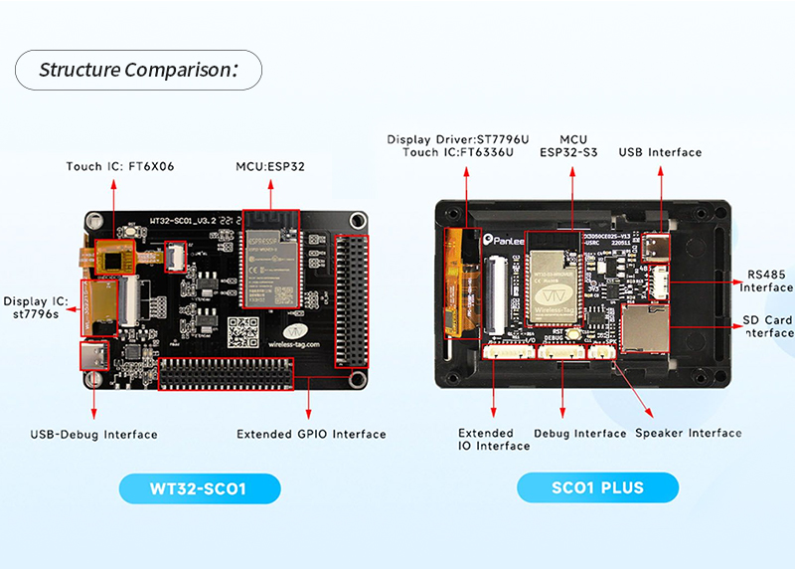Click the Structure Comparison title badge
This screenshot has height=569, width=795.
click(x=138, y=70)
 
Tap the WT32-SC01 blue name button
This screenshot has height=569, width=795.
click(x=199, y=488)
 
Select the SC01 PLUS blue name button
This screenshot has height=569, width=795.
click(x=597, y=487)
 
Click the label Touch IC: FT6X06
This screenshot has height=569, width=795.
click(x=120, y=166)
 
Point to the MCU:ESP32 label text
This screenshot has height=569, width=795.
click(x=269, y=166)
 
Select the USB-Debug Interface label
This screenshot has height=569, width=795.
click(x=93, y=434)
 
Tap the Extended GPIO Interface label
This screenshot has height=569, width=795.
click(x=311, y=434)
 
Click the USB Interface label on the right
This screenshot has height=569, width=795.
click(x=660, y=152)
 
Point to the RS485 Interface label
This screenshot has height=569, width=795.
click(x=767, y=281)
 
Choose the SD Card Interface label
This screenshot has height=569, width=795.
click(x=767, y=326)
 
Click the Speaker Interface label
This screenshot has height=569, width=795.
click(x=688, y=433)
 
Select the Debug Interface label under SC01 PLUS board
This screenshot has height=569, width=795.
click(x=579, y=433)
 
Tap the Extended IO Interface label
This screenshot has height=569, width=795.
click(x=494, y=440)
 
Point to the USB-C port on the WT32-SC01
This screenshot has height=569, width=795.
click(x=97, y=356)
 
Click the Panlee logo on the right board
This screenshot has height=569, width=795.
click(x=507, y=240)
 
